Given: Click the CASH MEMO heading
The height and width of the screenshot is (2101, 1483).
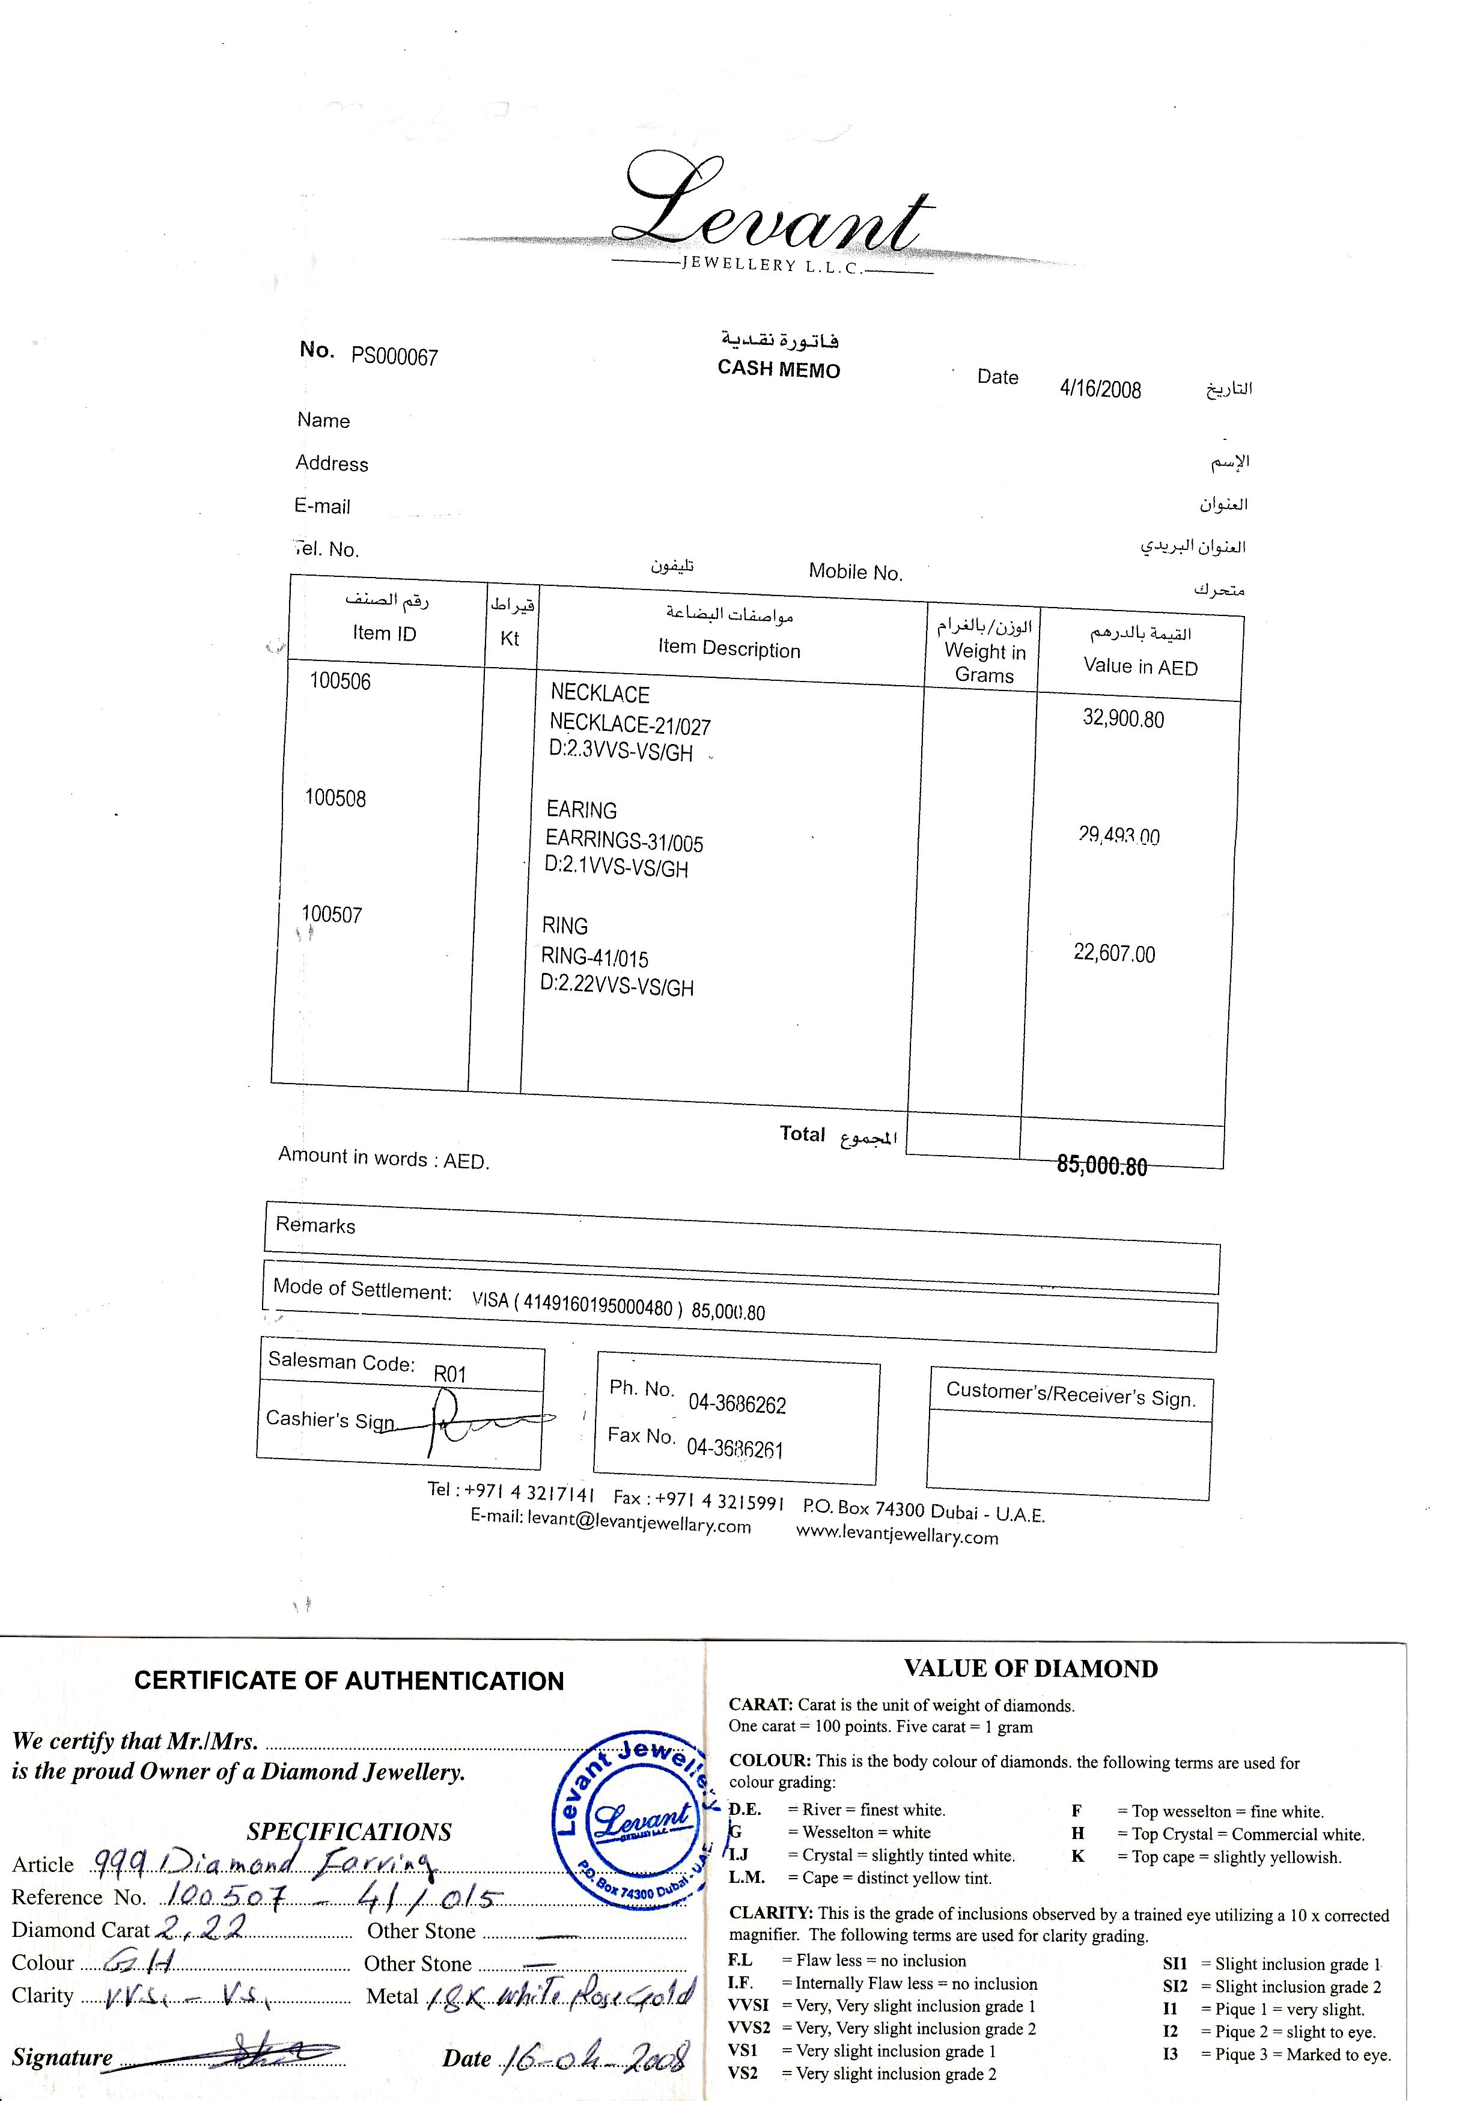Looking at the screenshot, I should (779, 369).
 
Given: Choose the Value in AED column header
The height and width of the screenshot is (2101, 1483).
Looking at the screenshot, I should (1140, 666).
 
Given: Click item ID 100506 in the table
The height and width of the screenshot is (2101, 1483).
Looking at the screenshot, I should (340, 681).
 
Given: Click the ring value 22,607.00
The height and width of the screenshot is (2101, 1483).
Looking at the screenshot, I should (1114, 954).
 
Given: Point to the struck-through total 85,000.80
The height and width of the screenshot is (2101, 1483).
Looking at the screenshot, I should (1101, 1166).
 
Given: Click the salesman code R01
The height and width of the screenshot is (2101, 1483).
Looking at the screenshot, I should (450, 1373).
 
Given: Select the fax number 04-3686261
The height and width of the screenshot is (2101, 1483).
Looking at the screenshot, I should (735, 1448).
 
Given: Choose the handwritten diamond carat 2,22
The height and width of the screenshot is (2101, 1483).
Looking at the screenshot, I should (201, 1927).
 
